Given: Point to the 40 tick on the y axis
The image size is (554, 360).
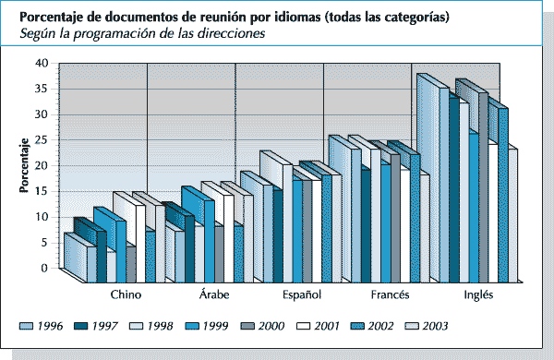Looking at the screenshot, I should click(41, 63).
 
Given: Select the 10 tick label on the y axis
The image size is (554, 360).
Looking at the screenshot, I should click(41, 216).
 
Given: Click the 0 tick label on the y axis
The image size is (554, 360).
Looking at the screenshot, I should click(43, 268).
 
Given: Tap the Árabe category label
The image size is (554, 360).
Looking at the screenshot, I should click(215, 294).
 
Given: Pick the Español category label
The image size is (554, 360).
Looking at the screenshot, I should click(301, 294).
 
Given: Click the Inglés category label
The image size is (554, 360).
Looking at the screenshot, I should click(477, 294).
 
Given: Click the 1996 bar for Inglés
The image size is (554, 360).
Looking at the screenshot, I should click(428, 185).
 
